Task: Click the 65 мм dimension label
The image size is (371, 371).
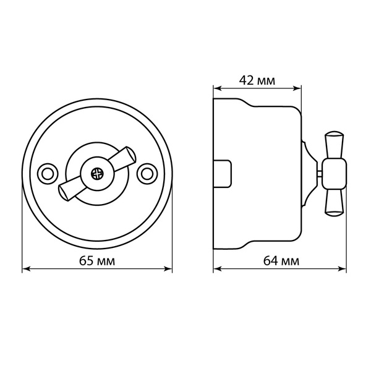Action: tap(97, 261)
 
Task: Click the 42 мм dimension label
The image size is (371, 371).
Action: tap(257, 80)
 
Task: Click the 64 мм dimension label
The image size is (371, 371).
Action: tap(281, 261)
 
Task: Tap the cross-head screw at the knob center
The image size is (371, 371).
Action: tap(97, 174)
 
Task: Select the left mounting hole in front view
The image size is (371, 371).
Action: tap(48, 174)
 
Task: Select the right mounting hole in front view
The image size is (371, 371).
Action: tap(147, 174)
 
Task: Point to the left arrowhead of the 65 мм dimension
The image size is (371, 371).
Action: tap(25, 269)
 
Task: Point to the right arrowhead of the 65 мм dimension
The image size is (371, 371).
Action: tap(168, 269)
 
